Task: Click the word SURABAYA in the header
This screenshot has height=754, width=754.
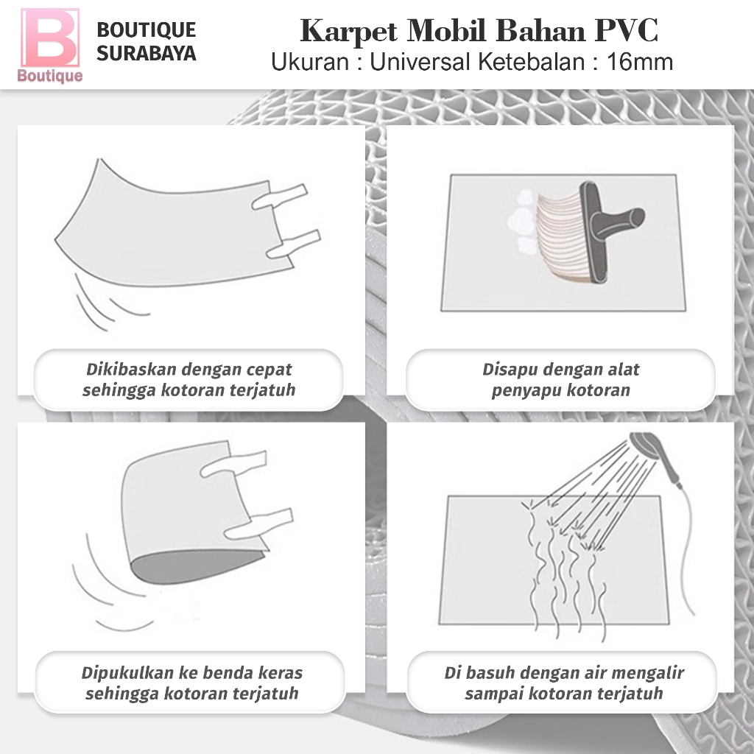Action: [147, 54]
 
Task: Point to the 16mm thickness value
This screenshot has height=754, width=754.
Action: [640, 62]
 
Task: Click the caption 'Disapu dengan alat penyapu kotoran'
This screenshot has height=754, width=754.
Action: [560, 379]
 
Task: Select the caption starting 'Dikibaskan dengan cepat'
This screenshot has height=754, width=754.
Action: [188, 379]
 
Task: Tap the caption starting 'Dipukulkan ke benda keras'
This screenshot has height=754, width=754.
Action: [191, 683]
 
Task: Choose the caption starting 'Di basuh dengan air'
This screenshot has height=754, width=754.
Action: [564, 683]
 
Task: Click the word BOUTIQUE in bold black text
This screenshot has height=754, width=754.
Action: [147, 30]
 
